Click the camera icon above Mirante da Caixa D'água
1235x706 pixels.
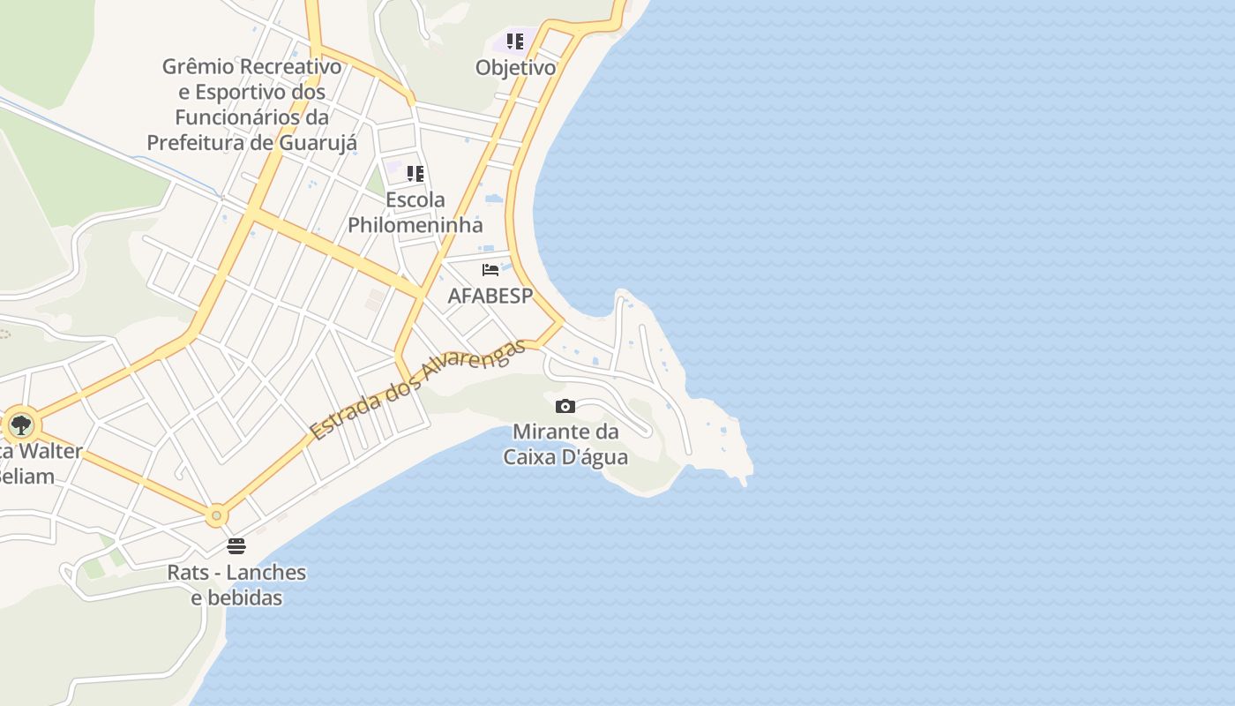point(565,406)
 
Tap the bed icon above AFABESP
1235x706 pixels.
point(490,270)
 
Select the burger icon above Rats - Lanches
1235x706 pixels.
point(236,545)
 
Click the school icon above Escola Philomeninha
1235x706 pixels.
point(415,173)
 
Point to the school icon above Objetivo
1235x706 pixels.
point(515,41)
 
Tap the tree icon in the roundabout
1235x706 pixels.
point(20,425)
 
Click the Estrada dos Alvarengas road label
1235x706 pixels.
point(417,389)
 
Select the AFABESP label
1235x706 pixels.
point(490,296)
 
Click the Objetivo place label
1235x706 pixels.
point(515,68)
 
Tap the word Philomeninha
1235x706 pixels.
point(415,225)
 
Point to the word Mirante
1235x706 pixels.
point(554,432)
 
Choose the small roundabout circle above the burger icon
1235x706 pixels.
point(216,515)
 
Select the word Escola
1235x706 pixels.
point(415,199)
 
